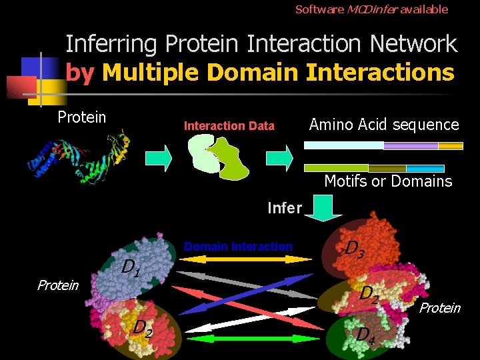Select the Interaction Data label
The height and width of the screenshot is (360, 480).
click(229, 125)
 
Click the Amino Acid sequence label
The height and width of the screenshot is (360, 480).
click(384, 125)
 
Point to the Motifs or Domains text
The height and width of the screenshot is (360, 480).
click(387, 181)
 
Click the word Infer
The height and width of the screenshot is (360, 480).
click(284, 208)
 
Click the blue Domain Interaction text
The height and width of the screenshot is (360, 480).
click(238, 247)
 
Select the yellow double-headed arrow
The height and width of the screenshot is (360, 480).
click(238, 259)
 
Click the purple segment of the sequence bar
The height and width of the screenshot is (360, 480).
click(411, 146)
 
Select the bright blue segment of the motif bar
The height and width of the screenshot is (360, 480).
click(425, 168)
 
